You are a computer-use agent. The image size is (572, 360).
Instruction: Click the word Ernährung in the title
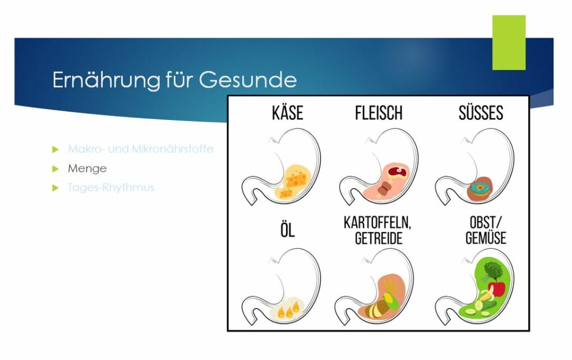106,80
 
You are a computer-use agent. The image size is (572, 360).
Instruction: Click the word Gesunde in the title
248,80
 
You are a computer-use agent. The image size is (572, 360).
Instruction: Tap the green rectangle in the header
509,42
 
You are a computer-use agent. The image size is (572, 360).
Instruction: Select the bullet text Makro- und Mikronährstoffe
140,149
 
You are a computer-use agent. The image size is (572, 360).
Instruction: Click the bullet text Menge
87,169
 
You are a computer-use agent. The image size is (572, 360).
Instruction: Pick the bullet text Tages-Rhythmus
111,187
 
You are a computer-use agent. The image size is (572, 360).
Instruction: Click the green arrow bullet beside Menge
56,169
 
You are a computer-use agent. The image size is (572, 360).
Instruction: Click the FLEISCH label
379,113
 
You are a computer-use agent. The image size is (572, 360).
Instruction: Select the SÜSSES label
481,113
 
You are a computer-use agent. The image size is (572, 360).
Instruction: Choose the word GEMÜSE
486,238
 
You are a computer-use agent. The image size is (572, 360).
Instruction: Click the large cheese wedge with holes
296,179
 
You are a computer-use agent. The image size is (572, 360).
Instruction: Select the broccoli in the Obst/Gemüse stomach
493,270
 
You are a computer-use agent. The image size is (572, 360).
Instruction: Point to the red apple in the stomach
497,289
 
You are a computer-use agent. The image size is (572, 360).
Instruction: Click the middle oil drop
289,312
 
